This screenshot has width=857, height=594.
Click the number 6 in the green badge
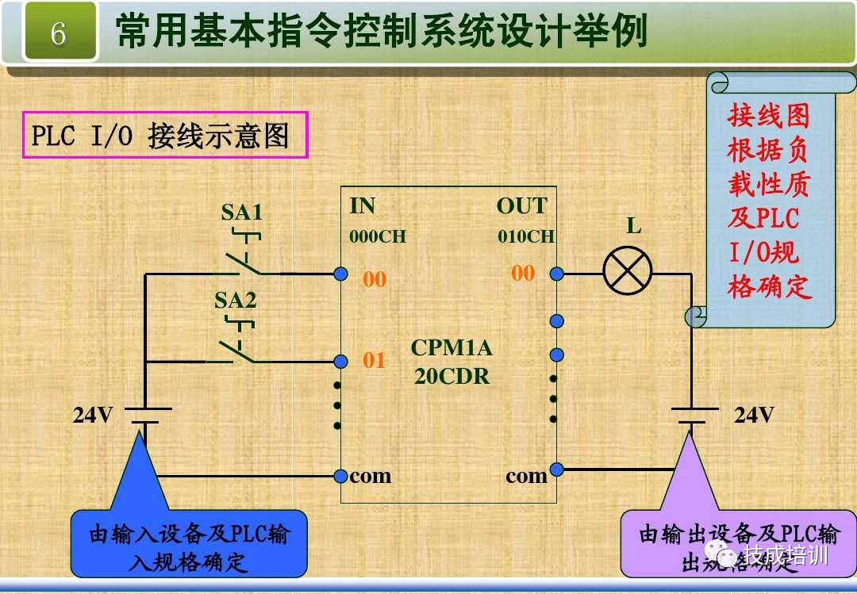[58, 33]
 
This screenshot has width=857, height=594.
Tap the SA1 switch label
[242, 212]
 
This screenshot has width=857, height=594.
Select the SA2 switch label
[236, 301]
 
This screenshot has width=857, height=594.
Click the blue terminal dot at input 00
[341, 274]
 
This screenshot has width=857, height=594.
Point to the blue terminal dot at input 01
[341, 362]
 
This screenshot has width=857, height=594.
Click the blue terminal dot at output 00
[557, 274]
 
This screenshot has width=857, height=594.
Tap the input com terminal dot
[341, 476]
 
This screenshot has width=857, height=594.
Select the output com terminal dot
[557, 469]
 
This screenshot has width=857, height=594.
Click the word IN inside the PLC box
[362, 206]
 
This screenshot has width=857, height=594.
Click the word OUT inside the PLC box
[521, 206]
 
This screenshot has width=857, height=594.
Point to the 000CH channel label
[377, 236]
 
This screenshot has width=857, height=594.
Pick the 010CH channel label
[526, 236]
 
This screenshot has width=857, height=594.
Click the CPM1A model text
[452, 348]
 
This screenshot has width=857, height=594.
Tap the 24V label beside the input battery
[93, 415]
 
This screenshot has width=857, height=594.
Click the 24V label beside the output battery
[753, 415]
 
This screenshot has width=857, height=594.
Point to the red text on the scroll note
[769, 202]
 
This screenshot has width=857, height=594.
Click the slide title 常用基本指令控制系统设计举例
[381, 32]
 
